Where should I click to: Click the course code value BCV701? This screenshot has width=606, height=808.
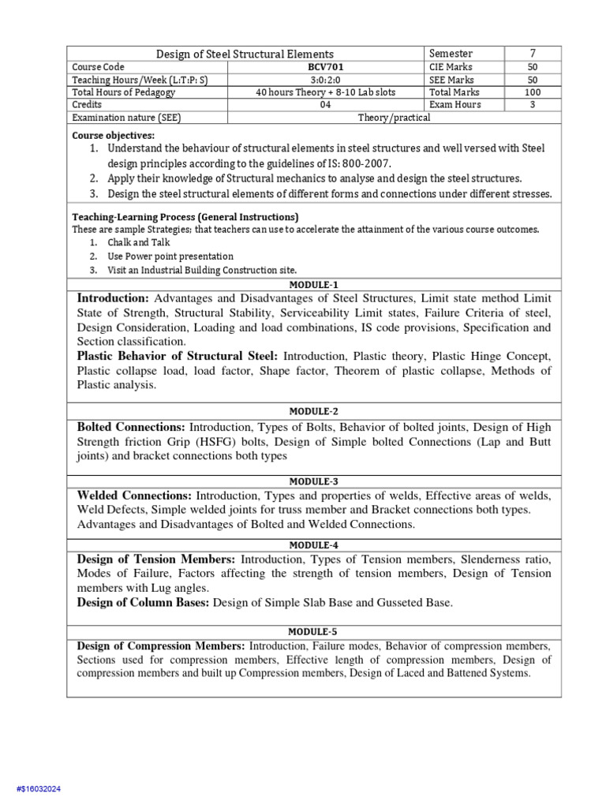(325, 67)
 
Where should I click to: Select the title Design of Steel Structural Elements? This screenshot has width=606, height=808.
(245, 54)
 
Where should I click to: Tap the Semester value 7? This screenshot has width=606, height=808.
(532, 53)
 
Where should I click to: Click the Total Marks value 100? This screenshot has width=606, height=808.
(532, 92)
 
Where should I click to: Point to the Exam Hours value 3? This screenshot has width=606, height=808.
(532, 105)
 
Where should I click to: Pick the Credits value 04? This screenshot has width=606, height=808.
(325, 105)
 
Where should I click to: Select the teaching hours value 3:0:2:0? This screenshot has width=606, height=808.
(325, 80)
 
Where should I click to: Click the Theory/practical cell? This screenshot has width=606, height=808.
(394, 118)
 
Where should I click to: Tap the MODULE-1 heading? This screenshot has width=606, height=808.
(314, 285)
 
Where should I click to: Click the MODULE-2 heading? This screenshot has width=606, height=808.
(314, 411)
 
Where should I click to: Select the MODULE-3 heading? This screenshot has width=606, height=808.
(314, 481)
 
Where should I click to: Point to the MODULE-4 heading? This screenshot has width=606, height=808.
(314, 544)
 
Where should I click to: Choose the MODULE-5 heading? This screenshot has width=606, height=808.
(314, 632)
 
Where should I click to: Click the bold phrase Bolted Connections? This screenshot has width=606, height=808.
(131, 427)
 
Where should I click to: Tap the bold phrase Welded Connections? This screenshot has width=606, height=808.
(134, 496)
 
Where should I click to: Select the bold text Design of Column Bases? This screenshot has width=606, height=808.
(144, 603)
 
